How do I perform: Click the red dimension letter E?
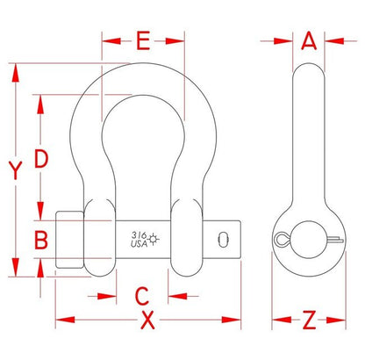coord(144,40)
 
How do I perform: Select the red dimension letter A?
coord(309,40)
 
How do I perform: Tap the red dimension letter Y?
coord(15,170)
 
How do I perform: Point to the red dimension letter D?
coord(41,158)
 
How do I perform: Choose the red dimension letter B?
coord(41,240)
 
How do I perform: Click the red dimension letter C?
coord(142,296)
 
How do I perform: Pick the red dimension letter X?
coord(148,320)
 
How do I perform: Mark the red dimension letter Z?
coord(309,320)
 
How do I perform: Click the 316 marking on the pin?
coord(139,235)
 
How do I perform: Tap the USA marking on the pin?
coord(139,243)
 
